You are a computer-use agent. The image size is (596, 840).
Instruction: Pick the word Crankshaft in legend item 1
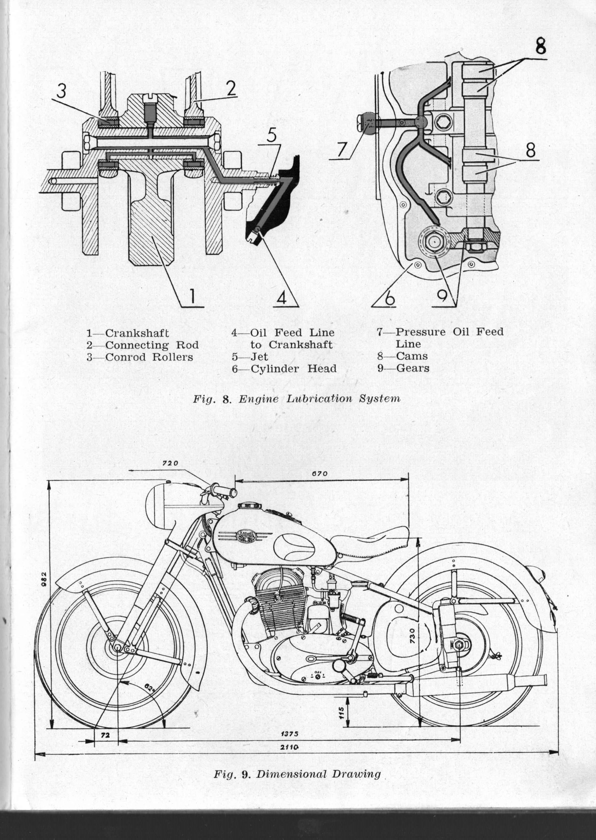pyautogui.click(x=137, y=333)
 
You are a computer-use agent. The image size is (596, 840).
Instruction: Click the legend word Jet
pyautogui.click(x=259, y=356)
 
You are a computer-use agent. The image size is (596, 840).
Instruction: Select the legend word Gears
pyautogui.click(x=412, y=368)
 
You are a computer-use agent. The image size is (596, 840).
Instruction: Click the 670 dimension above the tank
pyautogui.click(x=319, y=474)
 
